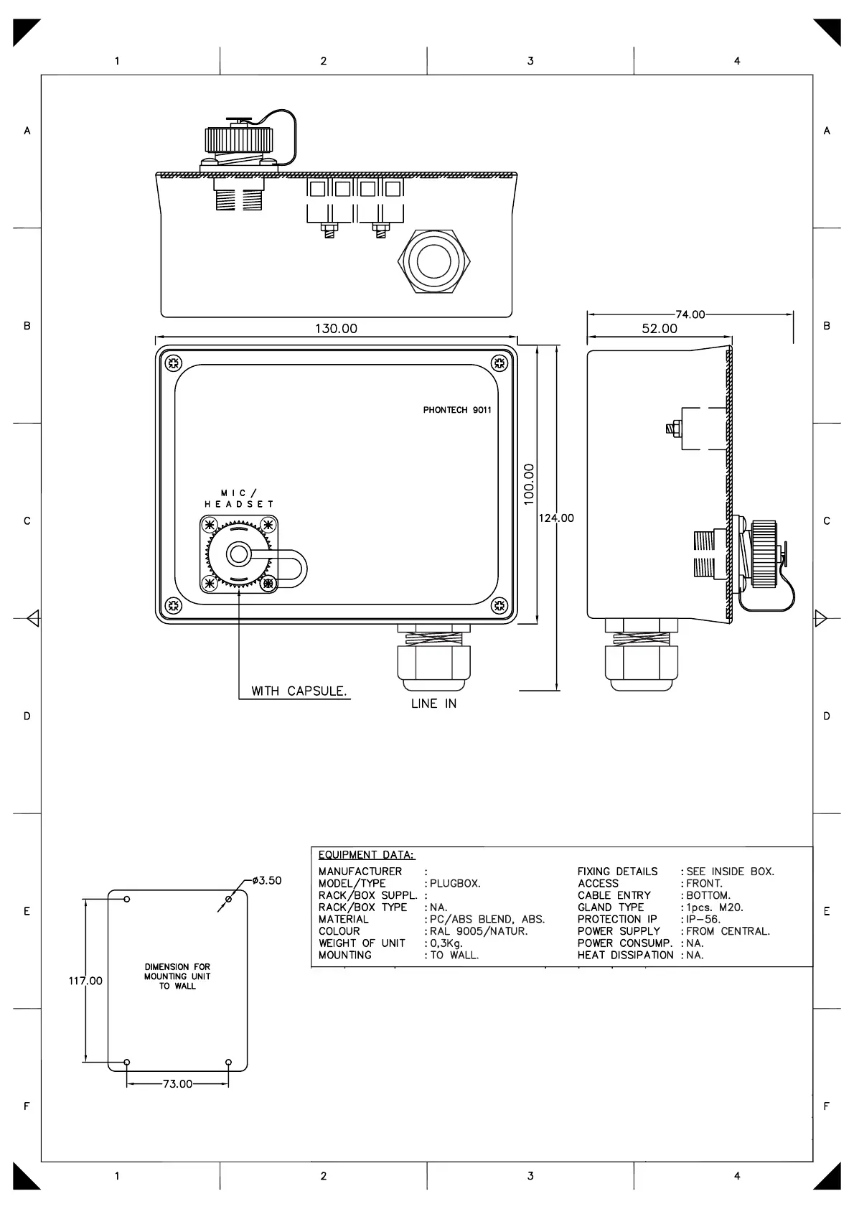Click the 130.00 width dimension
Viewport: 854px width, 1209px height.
336,328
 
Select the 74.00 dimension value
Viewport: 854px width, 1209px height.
690,314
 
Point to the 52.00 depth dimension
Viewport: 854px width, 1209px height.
660,328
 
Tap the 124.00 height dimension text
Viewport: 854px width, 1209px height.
556,518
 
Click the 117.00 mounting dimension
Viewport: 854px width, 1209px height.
85,981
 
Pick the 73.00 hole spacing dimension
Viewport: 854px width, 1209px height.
177,1084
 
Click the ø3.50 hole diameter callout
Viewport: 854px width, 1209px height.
267,880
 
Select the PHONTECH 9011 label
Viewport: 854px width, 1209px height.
457,410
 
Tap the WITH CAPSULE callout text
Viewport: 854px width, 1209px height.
299,691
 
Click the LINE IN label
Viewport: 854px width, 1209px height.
433,704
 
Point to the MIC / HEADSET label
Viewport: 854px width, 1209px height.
239,499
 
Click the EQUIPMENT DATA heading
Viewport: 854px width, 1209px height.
366,855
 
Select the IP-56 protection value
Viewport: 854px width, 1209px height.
703,919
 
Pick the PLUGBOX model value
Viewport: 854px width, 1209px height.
455,884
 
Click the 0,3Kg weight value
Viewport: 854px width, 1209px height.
446,943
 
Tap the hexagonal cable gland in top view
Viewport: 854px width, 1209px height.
433,261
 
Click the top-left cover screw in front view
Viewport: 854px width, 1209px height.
173,363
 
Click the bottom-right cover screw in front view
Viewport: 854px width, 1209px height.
499,605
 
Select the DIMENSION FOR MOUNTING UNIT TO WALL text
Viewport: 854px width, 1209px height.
177,976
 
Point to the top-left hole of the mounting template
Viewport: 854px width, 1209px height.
127,899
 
